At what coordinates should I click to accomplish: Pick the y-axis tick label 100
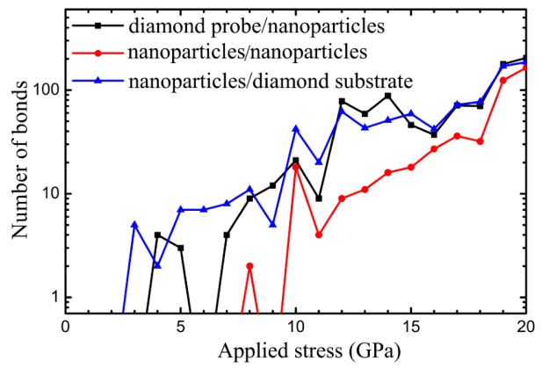42,90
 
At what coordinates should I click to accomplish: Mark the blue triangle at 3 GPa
134,225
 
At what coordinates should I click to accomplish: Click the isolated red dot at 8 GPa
249,265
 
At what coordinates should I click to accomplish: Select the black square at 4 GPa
157,235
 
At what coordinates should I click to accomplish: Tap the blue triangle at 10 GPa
295,128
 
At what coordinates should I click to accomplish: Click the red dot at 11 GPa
319,235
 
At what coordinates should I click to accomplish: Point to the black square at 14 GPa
387,95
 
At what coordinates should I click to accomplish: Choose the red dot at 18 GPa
480,141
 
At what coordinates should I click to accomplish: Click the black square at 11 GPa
319,198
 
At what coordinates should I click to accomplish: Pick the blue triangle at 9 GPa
272,224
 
